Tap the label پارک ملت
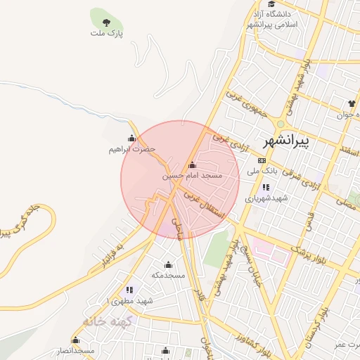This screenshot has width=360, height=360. click(x=106, y=32)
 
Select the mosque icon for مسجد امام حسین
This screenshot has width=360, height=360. click(x=193, y=165)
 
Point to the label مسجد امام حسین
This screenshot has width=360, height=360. click(x=192, y=175)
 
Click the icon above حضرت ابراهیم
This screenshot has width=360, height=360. click(x=131, y=138)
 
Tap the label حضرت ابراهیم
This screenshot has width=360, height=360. click(x=131, y=149)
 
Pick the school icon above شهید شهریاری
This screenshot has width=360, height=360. click(x=266, y=187)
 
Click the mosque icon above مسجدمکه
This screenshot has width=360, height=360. click(x=168, y=265)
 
